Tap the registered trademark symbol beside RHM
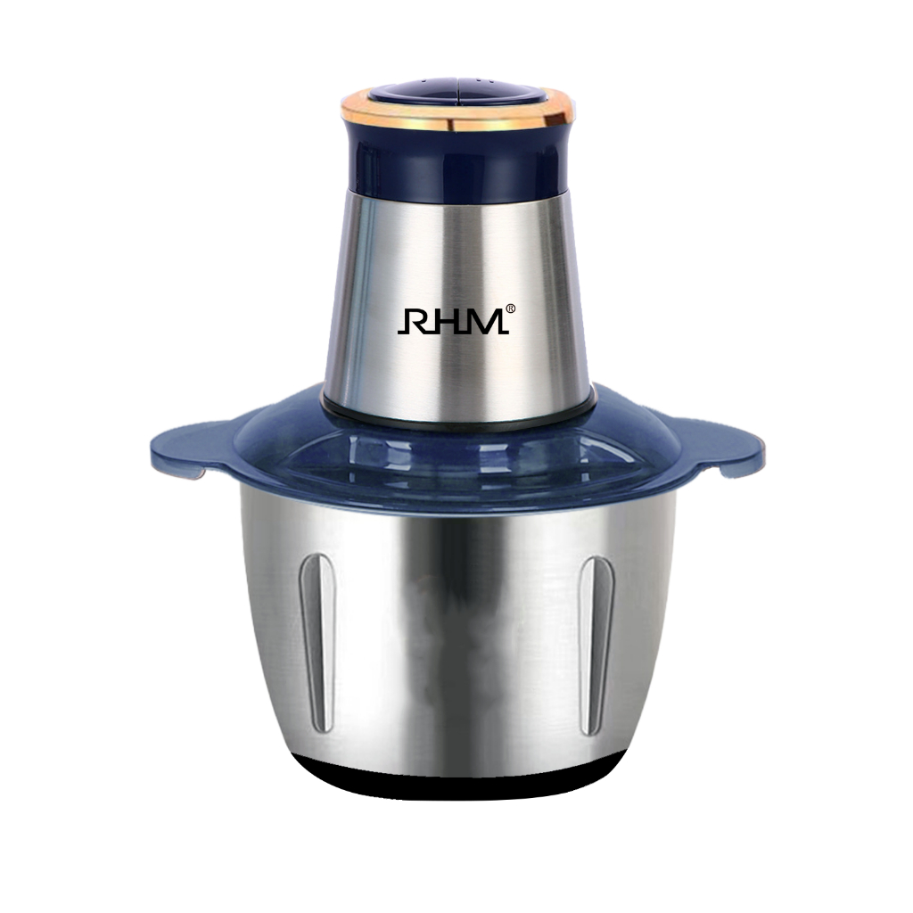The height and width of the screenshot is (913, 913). [510, 308]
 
